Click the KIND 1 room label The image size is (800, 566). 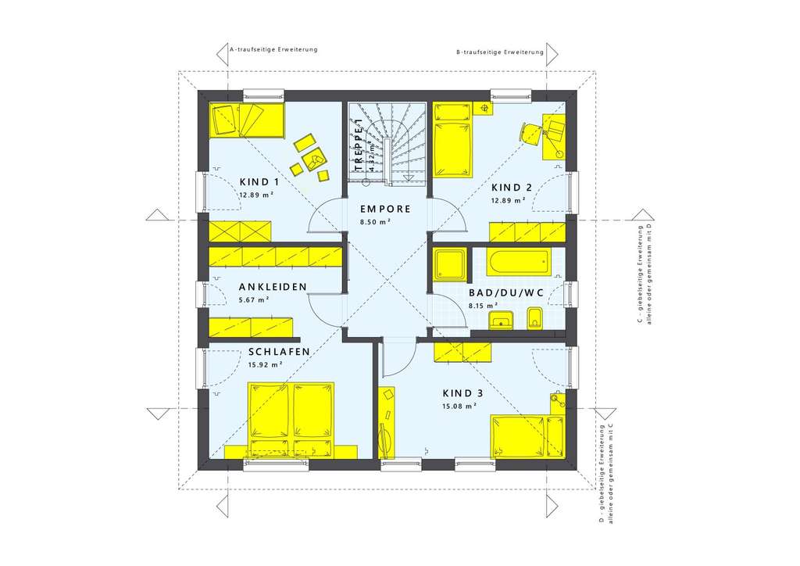[260, 181]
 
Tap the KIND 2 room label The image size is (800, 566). [511, 187]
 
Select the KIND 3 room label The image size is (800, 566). [462, 393]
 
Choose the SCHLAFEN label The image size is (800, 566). [280, 352]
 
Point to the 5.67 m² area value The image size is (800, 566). [255, 299]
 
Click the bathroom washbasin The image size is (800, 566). [500, 321]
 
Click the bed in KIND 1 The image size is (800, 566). [240, 120]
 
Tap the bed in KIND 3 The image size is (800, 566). [527, 436]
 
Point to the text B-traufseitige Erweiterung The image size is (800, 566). [500, 52]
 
